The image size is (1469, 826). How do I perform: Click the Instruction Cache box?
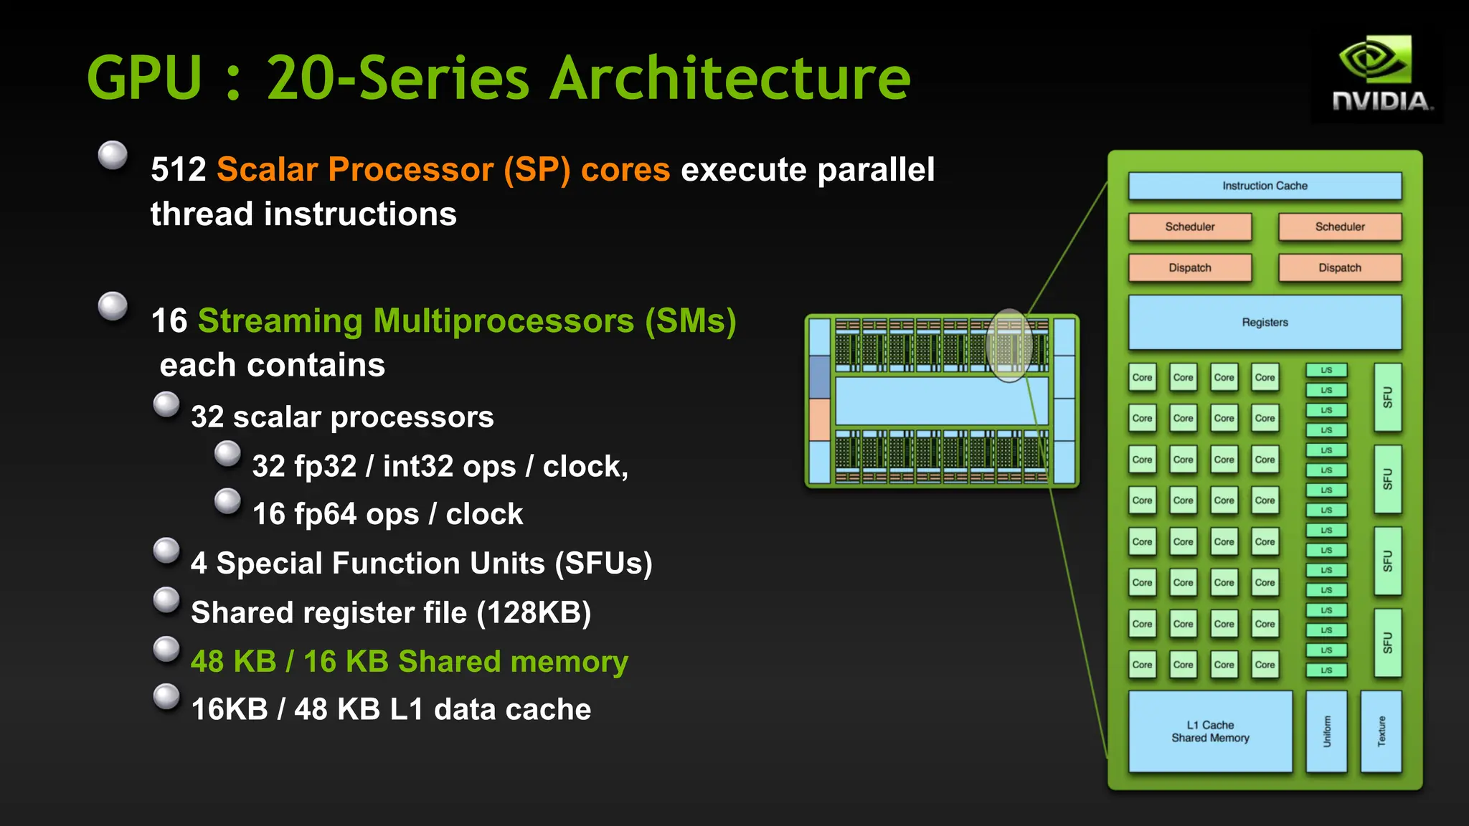pyautogui.click(x=1265, y=186)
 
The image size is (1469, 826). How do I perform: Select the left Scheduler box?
pyautogui.click(x=1190, y=227)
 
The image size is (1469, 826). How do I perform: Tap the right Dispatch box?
pyautogui.click(x=1339, y=267)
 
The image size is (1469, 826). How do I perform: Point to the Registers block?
pyautogui.click(x=1265, y=323)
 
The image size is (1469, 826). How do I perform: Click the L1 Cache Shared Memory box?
pyautogui.click(x=1210, y=731)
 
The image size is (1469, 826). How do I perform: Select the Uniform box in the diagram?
pyautogui.click(x=1326, y=731)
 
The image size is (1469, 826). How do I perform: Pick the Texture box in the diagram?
pyautogui.click(x=1381, y=731)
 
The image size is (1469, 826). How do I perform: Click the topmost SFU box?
pyautogui.click(x=1387, y=397)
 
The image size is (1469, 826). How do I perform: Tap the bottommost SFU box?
pyautogui.click(x=1387, y=642)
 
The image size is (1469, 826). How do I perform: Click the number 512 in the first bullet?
pyautogui.click(x=179, y=170)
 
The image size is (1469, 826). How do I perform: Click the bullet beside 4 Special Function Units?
pyautogui.click(x=166, y=551)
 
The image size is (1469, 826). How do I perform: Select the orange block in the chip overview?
pyautogui.click(x=819, y=419)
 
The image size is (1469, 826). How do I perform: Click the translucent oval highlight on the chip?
pyautogui.click(x=1009, y=346)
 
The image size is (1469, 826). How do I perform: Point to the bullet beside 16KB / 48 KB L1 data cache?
pyautogui.click(x=166, y=696)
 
